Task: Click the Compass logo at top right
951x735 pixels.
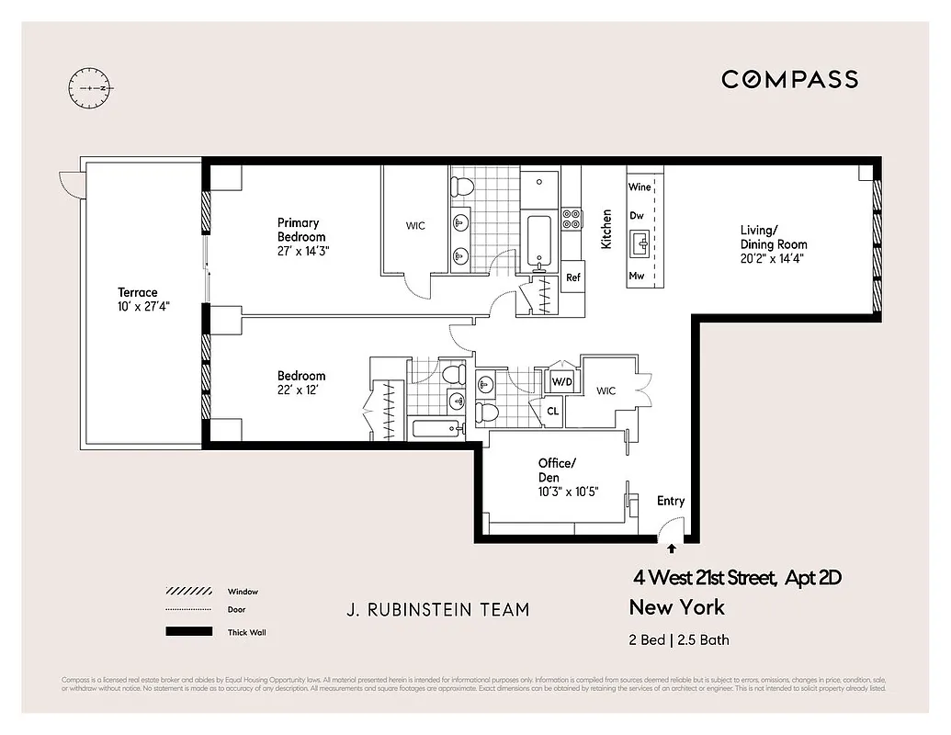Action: click(x=789, y=79)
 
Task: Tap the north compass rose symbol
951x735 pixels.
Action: click(x=89, y=87)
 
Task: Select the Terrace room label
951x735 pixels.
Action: click(x=137, y=300)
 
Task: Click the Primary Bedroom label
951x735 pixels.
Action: click(x=302, y=236)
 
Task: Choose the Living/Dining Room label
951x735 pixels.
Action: click(x=774, y=244)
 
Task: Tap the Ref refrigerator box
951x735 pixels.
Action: click(x=573, y=277)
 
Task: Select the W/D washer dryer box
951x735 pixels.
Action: click(x=560, y=381)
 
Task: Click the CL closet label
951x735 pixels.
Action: click(x=553, y=412)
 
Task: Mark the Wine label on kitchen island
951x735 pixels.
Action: click(x=640, y=187)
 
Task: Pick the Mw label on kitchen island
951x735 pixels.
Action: click(x=636, y=276)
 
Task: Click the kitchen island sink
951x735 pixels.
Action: click(x=640, y=244)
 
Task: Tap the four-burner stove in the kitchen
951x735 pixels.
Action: click(x=571, y=219)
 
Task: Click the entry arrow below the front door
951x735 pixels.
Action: click(x=671, y=548)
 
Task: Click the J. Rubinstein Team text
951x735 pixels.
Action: click(x=437, y=609)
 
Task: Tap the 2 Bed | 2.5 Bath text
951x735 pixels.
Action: click(x=679, y=640)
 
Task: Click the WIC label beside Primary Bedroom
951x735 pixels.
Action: click(x=415, y=226)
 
